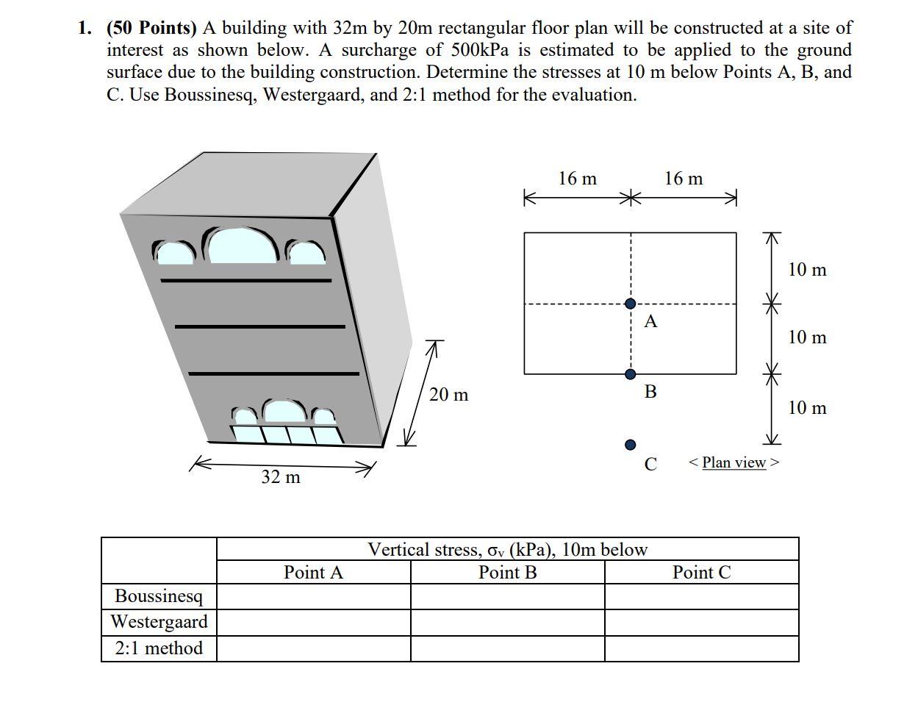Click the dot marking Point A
(x=630, y=304)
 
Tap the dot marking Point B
(x=630, y=374)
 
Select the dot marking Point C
(x=630, y=445)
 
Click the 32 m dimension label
(x=281, y=477)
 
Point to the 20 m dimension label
(x=448, y=395)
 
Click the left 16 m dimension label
(x=578, y=179)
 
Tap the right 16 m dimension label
(x=684, y=179)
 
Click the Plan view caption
(x=734, y=462)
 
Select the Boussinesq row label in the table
(x=159, y=595)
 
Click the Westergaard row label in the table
(x=159, y=622)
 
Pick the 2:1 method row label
(x=159, y=648)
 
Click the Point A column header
(x=313, y=573)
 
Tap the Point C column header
(x=702, y=573)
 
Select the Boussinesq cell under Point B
(x=507, y=596)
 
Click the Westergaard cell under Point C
(x=702, y=623)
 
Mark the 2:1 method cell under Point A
(x=313, y=649)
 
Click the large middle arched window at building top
(x=241, y=247)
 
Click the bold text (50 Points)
(x=152, y=28)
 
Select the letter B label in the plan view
(x=650, y=392)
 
